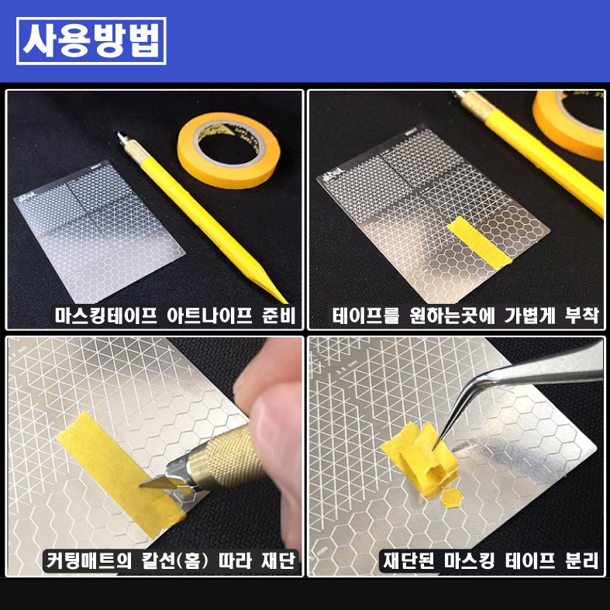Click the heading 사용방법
point(91,40)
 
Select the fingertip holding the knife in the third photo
point(267,403)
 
